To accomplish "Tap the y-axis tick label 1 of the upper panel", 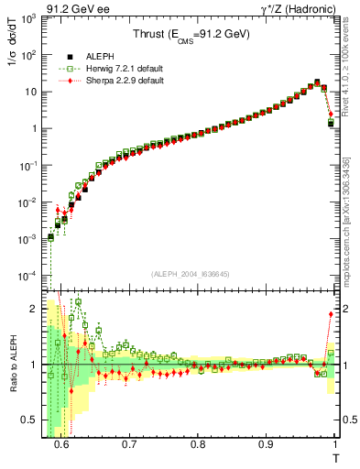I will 37,128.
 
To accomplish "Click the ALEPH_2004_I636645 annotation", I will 191,272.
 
